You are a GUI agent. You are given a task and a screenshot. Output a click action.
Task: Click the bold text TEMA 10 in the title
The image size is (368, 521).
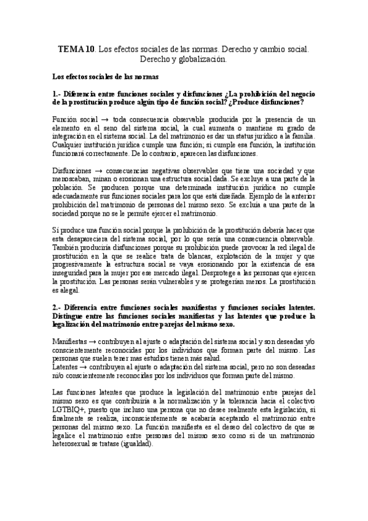pyautogui.click(x=76, y=47)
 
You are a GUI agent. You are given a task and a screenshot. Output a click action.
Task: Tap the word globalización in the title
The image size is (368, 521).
pyautogui.click(x=201, y=60)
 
